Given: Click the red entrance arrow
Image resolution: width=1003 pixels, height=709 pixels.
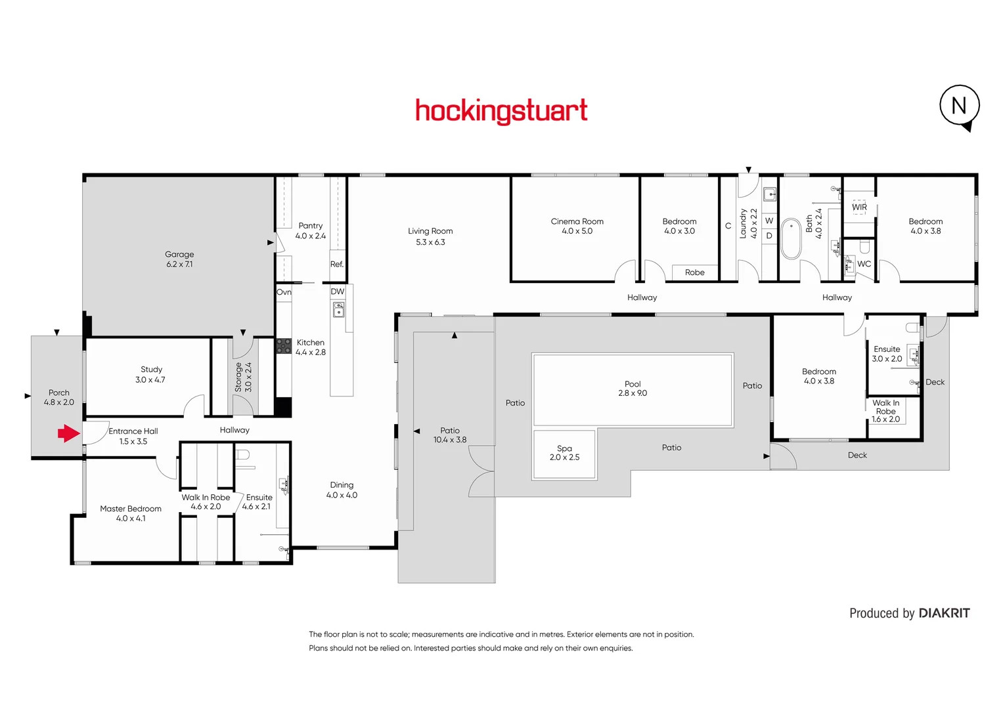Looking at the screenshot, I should [68, 433].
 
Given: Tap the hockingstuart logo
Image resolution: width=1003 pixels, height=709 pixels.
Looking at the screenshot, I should [501, 111].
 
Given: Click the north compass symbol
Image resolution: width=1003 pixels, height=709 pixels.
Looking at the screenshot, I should [959, 106].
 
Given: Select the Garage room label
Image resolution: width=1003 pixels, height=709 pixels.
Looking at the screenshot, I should [179, 255].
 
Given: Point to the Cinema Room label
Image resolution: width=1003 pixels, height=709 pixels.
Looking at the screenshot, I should [577, 222].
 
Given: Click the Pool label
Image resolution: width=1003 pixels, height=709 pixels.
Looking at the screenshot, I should [633, 384].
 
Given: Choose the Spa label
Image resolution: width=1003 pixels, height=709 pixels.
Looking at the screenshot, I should [564, 448].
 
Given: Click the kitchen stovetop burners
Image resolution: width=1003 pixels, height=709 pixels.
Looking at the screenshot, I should [283, 346].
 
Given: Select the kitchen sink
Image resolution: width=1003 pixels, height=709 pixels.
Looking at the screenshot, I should [338, 309].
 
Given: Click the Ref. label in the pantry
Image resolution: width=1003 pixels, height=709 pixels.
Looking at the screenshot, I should [337, 265].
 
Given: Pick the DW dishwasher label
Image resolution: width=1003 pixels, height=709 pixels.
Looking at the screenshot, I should [337, 291].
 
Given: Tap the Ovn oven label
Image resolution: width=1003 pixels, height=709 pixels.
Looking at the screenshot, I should [284, 292].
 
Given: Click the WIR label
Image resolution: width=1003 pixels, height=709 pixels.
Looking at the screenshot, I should [859, 207].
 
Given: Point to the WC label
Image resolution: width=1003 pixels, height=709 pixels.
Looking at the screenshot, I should [864, 264].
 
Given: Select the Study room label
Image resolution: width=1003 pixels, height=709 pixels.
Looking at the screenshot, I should [151, 370].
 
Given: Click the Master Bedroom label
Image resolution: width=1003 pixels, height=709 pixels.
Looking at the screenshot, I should [131, 509].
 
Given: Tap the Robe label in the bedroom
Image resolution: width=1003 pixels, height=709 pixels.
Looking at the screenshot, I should [694, 272].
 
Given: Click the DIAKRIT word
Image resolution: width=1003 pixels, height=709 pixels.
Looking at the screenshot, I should [944, 613].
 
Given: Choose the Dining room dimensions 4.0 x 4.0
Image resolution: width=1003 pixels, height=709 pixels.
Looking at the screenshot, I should [342, 496].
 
